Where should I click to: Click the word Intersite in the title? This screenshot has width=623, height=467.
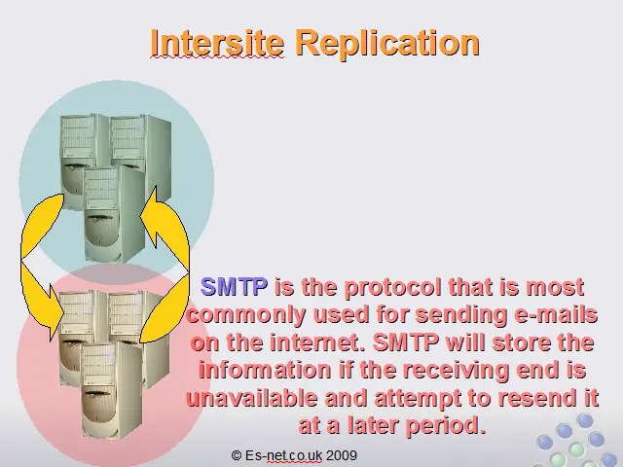point(217,43)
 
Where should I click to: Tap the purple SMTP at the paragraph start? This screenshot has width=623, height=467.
point(234,286)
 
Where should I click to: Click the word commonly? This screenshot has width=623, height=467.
point(246,315)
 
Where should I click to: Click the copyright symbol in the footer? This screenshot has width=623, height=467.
point(237,455)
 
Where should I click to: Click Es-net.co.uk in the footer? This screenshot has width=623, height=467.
point(283,455)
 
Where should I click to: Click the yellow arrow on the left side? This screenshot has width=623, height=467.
point(42,266)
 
